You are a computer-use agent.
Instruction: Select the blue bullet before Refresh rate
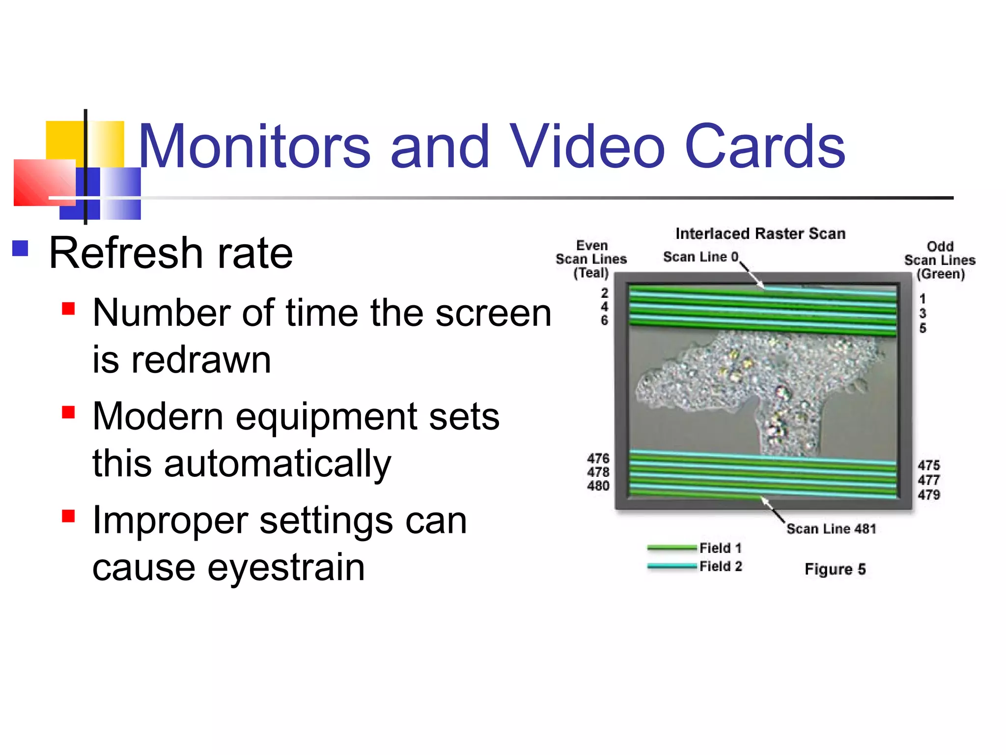(x=20, y=248)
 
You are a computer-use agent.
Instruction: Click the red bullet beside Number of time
(x=68, y=309)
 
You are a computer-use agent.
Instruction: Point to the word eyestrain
(x=286, y=567)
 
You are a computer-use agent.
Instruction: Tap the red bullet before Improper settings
(x=68, y=516)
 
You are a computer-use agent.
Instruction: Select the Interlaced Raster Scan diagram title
(x=760, y=233)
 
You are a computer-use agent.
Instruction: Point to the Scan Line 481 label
(x=831, y=529)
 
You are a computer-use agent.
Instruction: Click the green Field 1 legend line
(x=671, y=548)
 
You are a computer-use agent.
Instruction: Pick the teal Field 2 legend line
(x=671, y=566)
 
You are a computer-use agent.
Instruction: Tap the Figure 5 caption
(x=835, y=569)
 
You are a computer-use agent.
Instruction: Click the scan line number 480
(x=598, y=486)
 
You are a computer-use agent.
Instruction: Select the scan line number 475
(x=928, y=465)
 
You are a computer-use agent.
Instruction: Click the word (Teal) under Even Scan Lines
(x=591, y=273)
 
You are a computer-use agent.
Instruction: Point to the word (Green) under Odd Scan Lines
(x=940, y=274)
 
